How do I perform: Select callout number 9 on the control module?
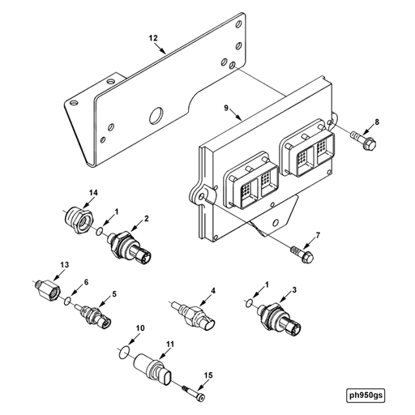coord(229,106)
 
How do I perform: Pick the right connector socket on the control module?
coord(306,154)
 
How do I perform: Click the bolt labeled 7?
coord(303,253)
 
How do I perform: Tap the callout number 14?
coord(93,191)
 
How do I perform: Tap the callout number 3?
coord(294,290)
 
